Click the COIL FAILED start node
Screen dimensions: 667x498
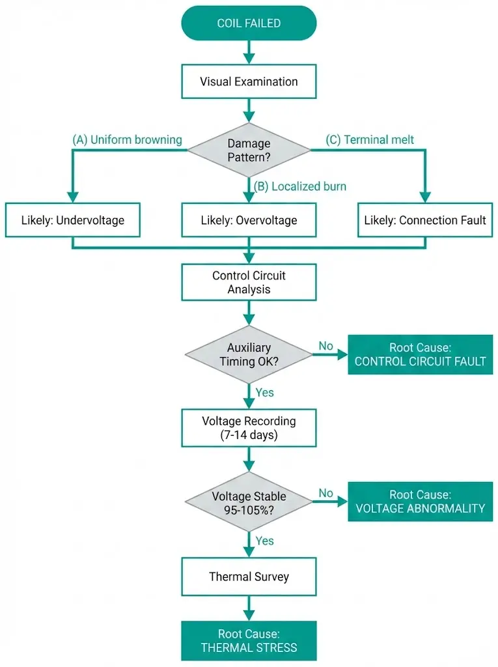(x=249, y=23)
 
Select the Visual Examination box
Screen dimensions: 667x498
(x=249, y=82)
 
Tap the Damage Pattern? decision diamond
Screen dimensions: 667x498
(x=249, y=150)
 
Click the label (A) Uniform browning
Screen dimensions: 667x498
(x=127, y=140)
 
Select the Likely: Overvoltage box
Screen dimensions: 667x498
(x=249, y=220)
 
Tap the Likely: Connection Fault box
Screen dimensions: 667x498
(x=425, y=220)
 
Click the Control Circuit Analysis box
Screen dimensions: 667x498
(x=249, y=282)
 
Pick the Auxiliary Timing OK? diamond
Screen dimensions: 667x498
(x=249, y=355)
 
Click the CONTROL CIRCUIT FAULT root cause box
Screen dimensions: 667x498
(x=419, y=355)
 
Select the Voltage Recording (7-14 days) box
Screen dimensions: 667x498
(x=249, y=428)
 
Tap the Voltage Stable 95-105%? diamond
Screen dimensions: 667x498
(x=249, y=502)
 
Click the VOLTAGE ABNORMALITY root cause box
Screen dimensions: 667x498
(x=419, y=502)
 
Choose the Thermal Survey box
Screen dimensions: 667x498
(x=249, y=576)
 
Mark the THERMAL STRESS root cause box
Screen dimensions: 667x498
(x=249, y=641)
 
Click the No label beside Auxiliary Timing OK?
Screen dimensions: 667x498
(x=326, y=346)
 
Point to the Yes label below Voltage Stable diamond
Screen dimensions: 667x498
(x=265, y=541)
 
